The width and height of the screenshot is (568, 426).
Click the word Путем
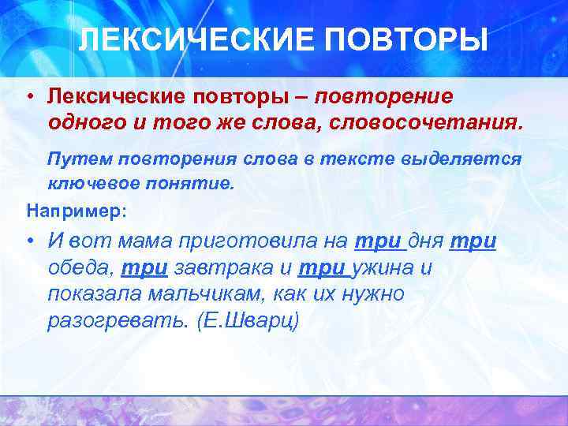coord(79,159)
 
